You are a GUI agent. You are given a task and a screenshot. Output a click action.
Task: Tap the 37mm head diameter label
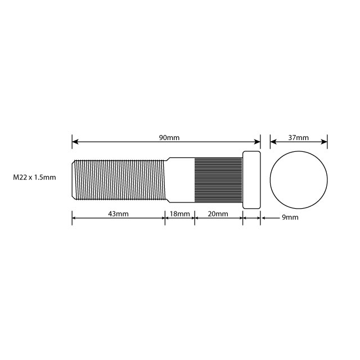298,138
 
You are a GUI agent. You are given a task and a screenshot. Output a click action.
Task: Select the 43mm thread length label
119,214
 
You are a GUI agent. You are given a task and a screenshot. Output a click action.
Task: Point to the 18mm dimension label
179,214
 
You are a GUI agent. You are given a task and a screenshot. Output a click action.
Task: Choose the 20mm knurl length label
218,214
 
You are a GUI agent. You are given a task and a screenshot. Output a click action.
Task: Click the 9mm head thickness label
289,217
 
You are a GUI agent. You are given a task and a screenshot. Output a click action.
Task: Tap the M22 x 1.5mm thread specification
35,178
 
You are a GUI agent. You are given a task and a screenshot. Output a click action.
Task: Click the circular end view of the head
299,179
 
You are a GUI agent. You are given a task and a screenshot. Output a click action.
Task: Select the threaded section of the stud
119,179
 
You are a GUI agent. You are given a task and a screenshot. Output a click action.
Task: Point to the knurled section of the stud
218,179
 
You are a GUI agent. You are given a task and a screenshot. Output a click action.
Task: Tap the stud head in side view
251,179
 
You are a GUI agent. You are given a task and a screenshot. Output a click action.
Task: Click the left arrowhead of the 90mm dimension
75,142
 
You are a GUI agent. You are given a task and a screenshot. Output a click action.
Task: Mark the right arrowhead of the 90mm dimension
258,142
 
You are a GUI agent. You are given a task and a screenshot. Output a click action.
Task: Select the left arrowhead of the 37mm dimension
273,142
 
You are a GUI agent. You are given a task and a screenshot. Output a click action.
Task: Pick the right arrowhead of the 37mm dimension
325,142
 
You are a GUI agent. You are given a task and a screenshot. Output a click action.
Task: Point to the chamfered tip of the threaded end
74,179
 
